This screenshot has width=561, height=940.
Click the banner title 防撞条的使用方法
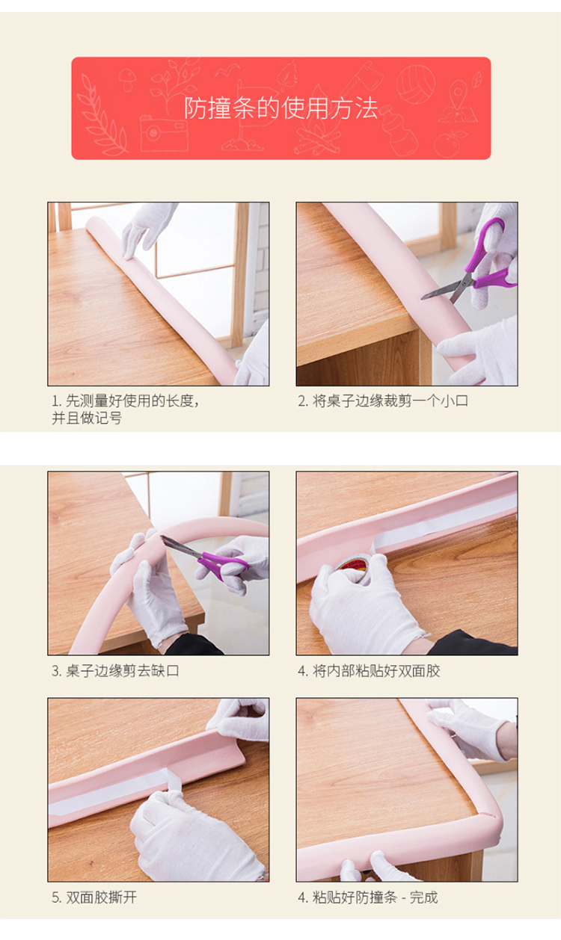click(x=280, y=108)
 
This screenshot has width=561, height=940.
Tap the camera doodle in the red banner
click(x=164, y=133)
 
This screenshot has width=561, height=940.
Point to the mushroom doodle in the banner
click(x=127, y=80)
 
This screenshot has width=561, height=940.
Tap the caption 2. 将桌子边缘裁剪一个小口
click(x=383, y=401)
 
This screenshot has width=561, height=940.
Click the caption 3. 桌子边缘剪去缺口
click(x=115, y=670)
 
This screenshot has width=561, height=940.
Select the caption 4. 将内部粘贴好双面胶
click(x=369, y=670)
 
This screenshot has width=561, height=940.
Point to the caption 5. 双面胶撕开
click(x=94, y=897)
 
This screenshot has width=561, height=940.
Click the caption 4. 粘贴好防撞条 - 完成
click(x=368, y=897)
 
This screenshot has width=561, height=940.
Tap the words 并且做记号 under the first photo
click(x=87, y=418)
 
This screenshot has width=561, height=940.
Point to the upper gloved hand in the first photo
click(x=147, y=229)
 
